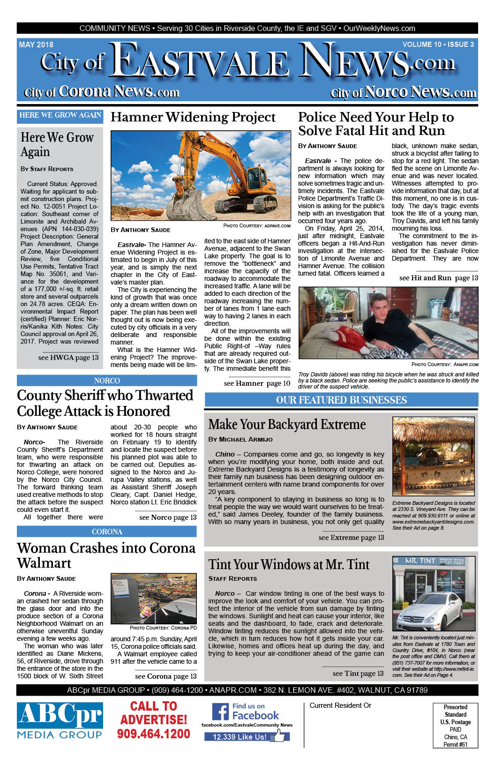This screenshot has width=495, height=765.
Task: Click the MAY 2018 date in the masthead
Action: (x=36, y=45)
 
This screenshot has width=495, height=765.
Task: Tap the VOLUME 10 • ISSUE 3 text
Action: (x=438, y=45)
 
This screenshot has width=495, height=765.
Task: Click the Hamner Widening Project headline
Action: (x=193, y=117)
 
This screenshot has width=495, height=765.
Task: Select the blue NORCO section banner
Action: (x=107, y=381)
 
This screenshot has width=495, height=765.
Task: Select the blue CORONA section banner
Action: (x=107, y=532)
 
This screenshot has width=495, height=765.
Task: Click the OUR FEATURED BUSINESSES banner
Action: (x=341, y=400)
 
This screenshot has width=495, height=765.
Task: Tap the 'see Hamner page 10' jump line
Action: (x=257, y=383)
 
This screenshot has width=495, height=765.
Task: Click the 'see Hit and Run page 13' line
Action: (x=438, y=278)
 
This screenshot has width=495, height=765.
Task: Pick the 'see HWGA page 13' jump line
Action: (x=68, y=358)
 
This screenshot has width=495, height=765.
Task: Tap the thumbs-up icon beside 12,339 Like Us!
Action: (x=279, y=736)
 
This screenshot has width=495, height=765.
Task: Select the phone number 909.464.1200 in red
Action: (x=153, y=734)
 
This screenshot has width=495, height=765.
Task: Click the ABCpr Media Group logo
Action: (x=60, y=720)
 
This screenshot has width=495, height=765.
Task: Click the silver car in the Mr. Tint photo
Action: (x=432, y=611)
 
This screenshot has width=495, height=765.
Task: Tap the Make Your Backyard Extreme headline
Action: (x=287, y=424)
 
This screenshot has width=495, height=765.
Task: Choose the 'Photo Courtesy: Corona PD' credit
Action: (x=163, y=628)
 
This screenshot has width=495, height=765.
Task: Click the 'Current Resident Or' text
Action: (x=340, y=705)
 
